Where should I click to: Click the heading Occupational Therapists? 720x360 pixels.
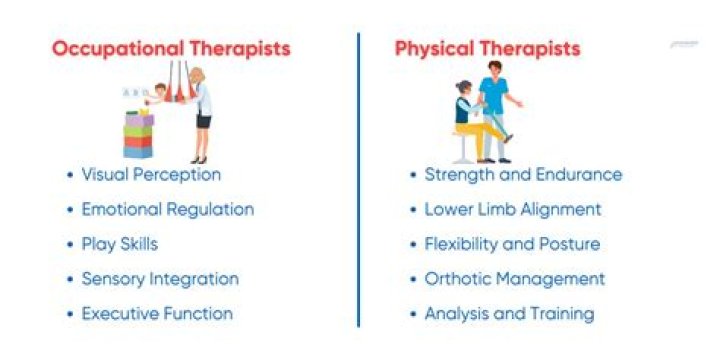[170, 48]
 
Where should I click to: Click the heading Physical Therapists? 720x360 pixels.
[487, 48]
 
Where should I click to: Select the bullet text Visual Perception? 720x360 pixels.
[151, 174]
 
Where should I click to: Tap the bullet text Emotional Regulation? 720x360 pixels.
[167, 209]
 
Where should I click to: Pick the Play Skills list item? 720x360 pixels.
[119, 244]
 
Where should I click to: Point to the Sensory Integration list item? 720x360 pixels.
[160, 278]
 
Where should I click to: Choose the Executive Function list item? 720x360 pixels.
[157, 313]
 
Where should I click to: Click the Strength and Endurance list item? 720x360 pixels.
[523, 175]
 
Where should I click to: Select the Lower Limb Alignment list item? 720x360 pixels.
[513, 209]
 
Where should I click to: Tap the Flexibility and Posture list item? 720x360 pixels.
[512, 244]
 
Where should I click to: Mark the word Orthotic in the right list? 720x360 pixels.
[457, 279]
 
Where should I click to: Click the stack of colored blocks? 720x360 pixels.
[138, 136]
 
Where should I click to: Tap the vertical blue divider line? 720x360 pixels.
[358, 180]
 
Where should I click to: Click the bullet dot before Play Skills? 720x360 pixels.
[69, 244]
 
